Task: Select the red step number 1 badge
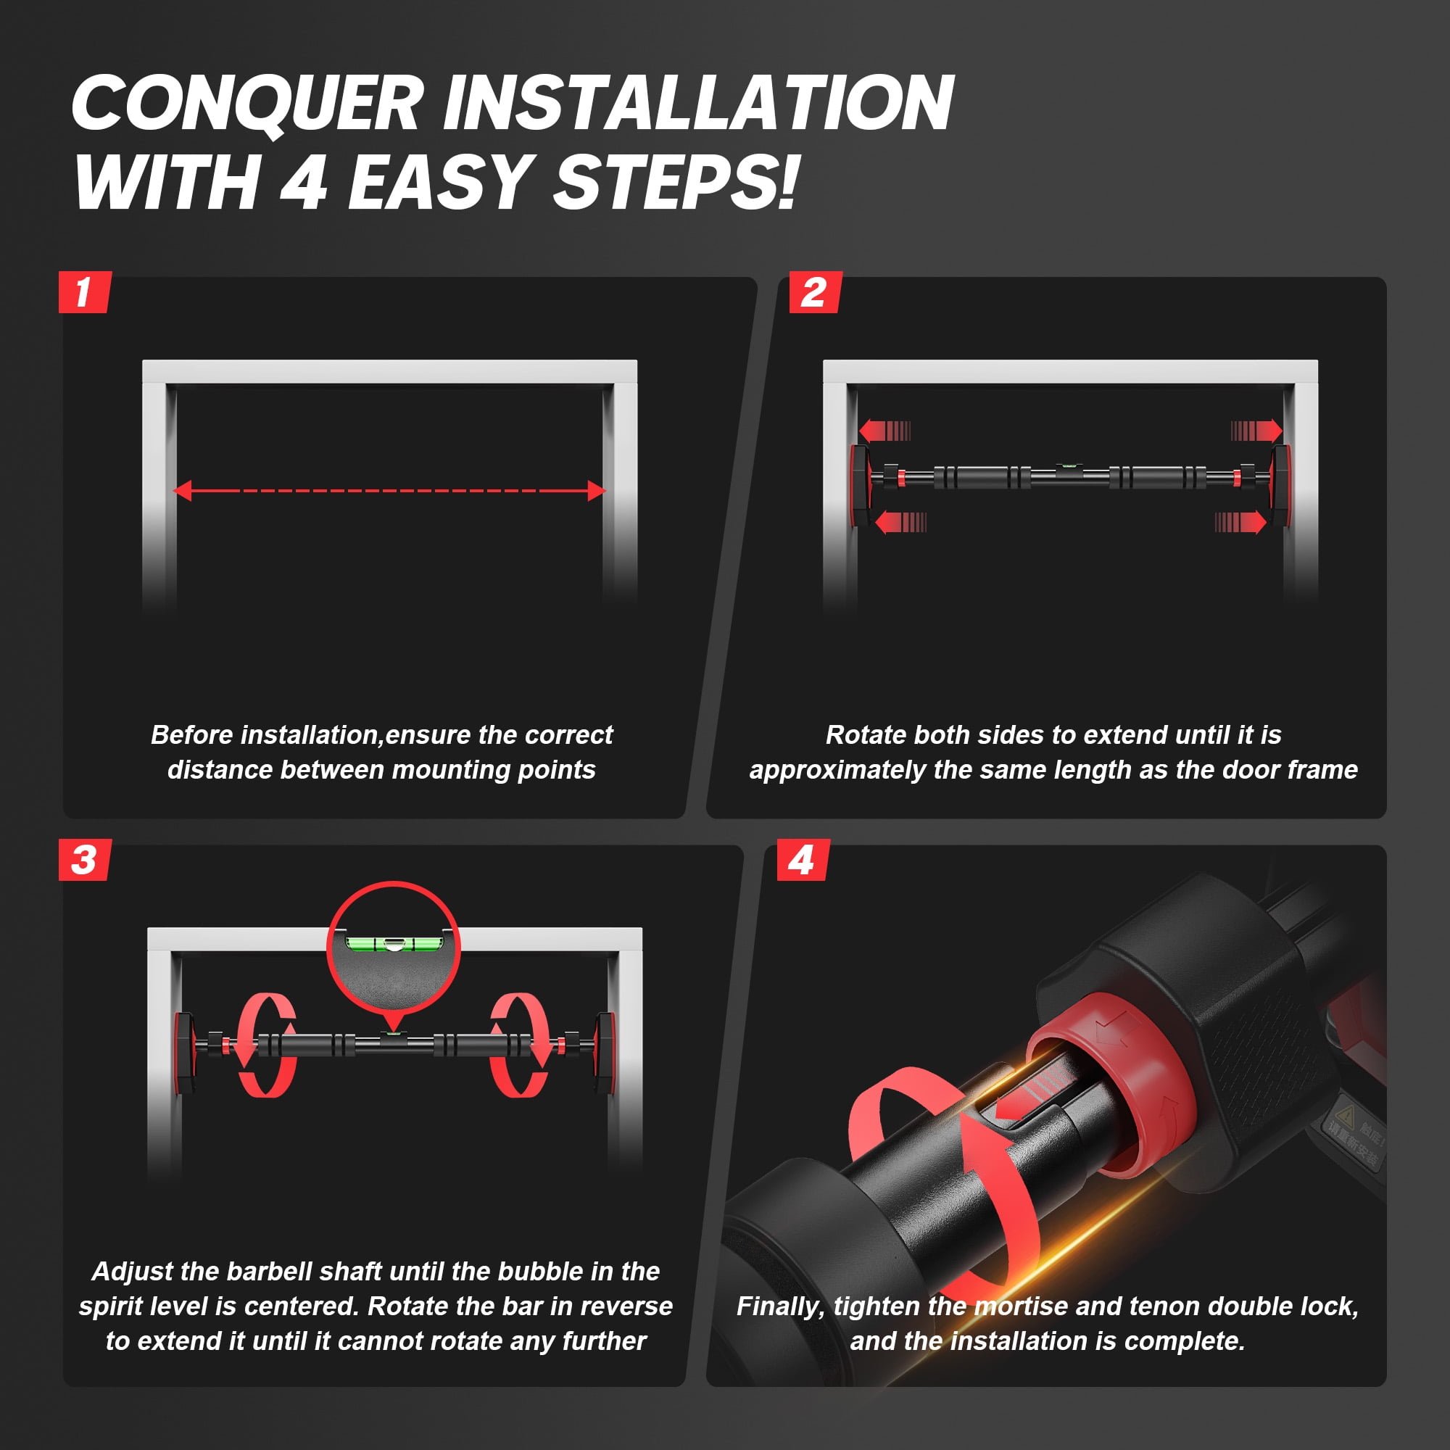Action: [85, 292]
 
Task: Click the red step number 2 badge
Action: [815, 292]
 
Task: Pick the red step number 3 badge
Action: [85, 859]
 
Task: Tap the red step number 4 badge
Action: [803, 859]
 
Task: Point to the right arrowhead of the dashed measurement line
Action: [597, 491]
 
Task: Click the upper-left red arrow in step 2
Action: [884, 431]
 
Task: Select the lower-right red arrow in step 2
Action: [1240, 522]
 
